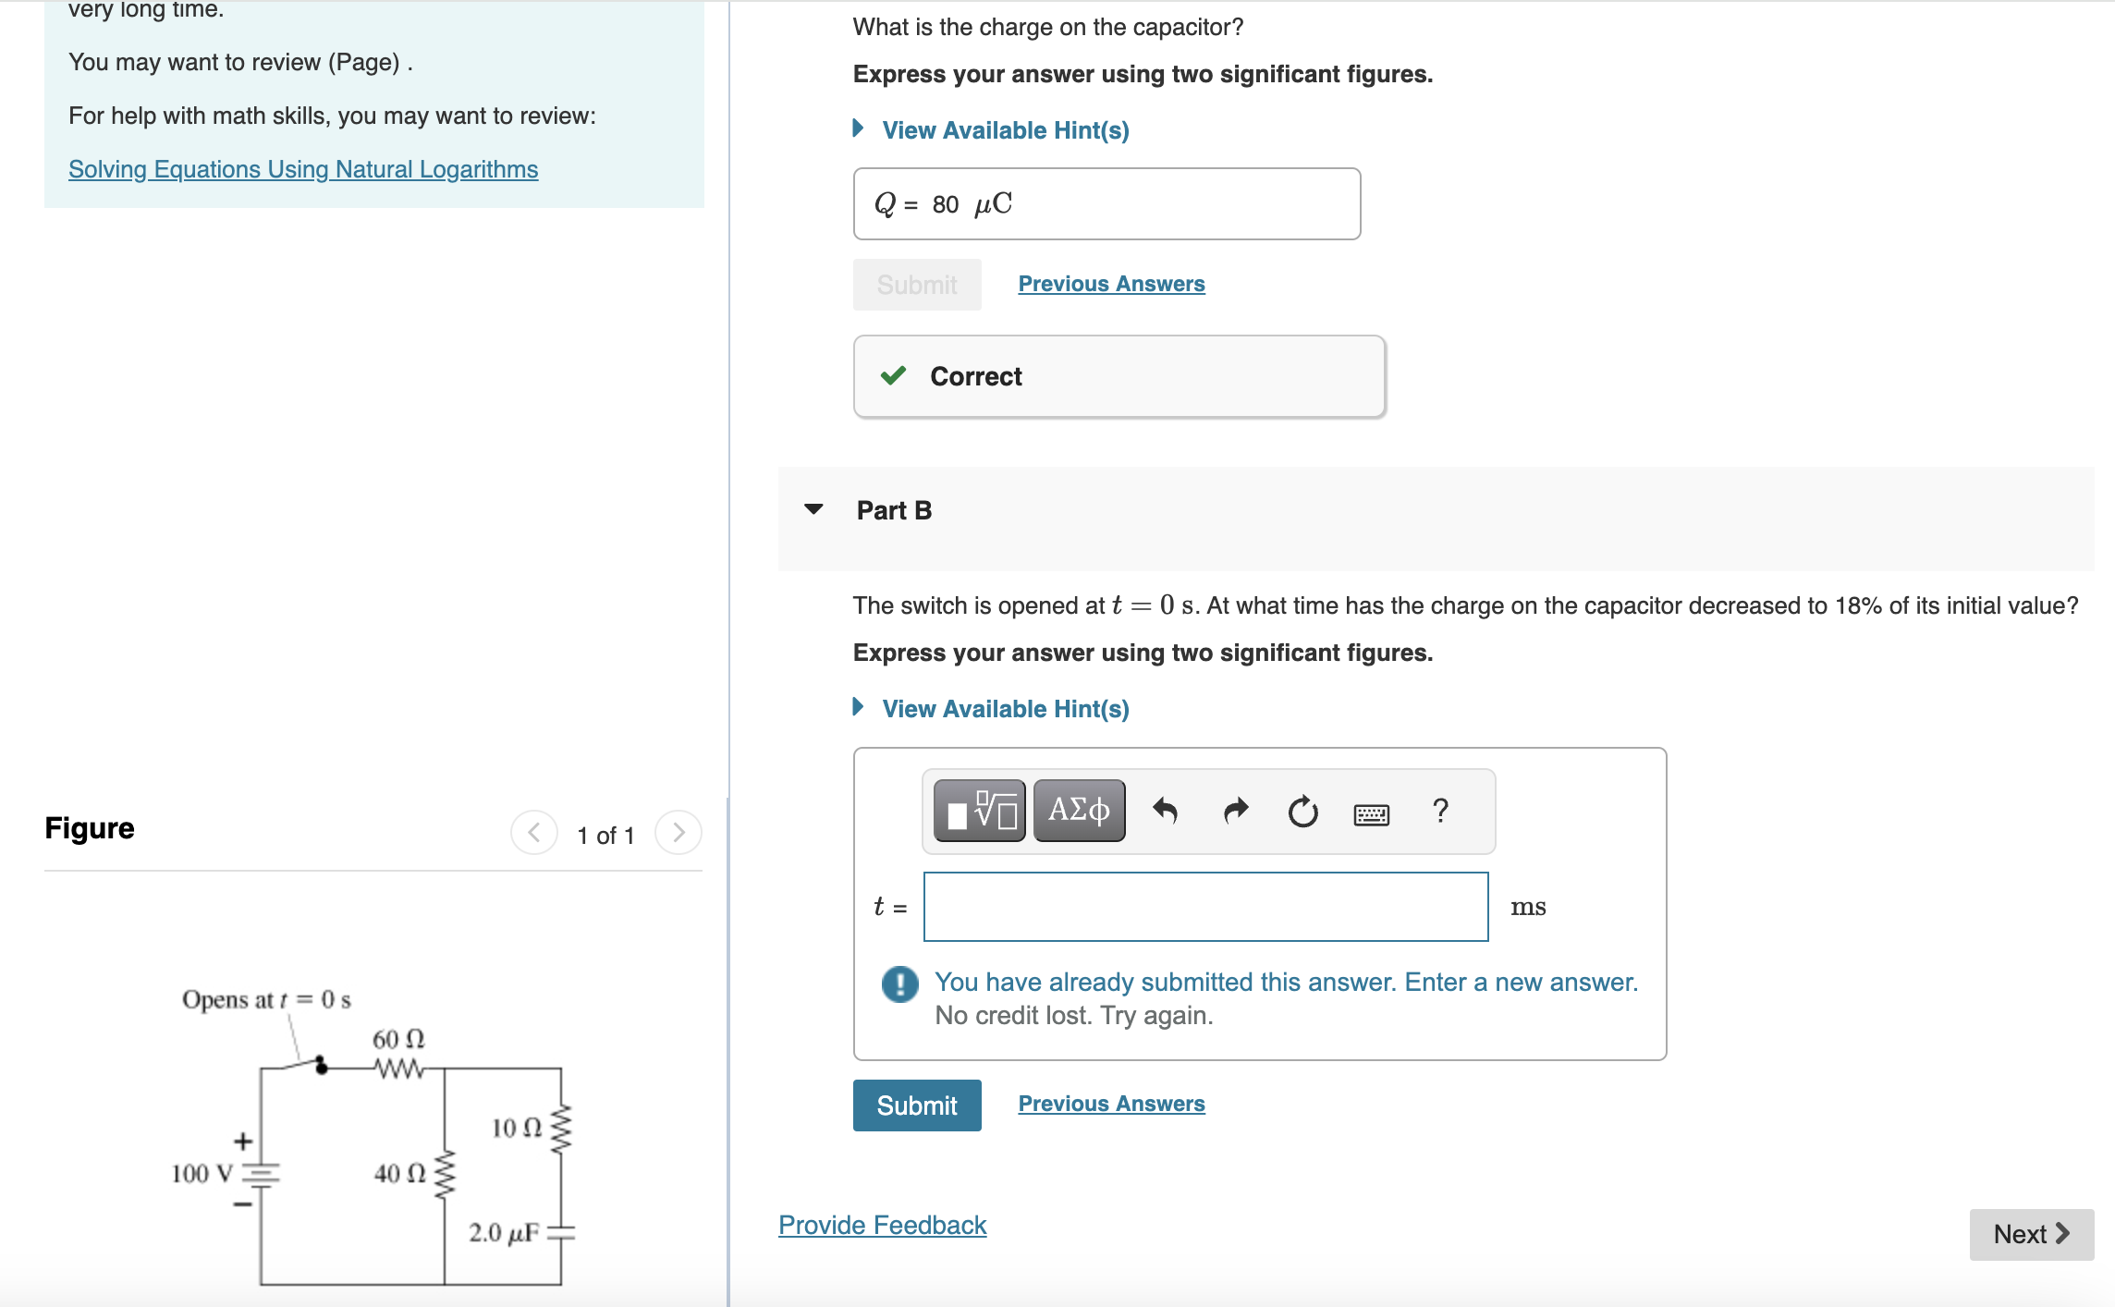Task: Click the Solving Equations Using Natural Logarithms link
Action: (303, 169)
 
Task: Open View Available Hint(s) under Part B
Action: (1005, 709)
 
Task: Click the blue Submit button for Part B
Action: (916, 1105)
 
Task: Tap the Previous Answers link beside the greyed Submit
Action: (1111, 284)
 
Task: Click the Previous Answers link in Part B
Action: (1111, 1104)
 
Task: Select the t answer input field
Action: (1205, 907)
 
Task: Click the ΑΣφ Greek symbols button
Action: (1079, 811)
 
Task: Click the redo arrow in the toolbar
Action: (1235, 812)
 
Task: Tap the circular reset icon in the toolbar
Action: (1302, 812)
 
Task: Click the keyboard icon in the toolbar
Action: (1371, 813)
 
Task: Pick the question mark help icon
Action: (1439, 811)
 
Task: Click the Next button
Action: (2031, 1234)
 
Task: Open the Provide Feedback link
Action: (882, 1225)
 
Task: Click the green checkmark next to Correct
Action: (893, 375)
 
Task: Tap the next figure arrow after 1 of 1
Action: (679, 833)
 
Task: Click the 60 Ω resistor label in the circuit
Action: (398, 1039)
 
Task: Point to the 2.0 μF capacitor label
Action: (504, 1232)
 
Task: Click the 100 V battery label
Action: (202, 1174)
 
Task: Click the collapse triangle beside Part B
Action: (813, 509)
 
